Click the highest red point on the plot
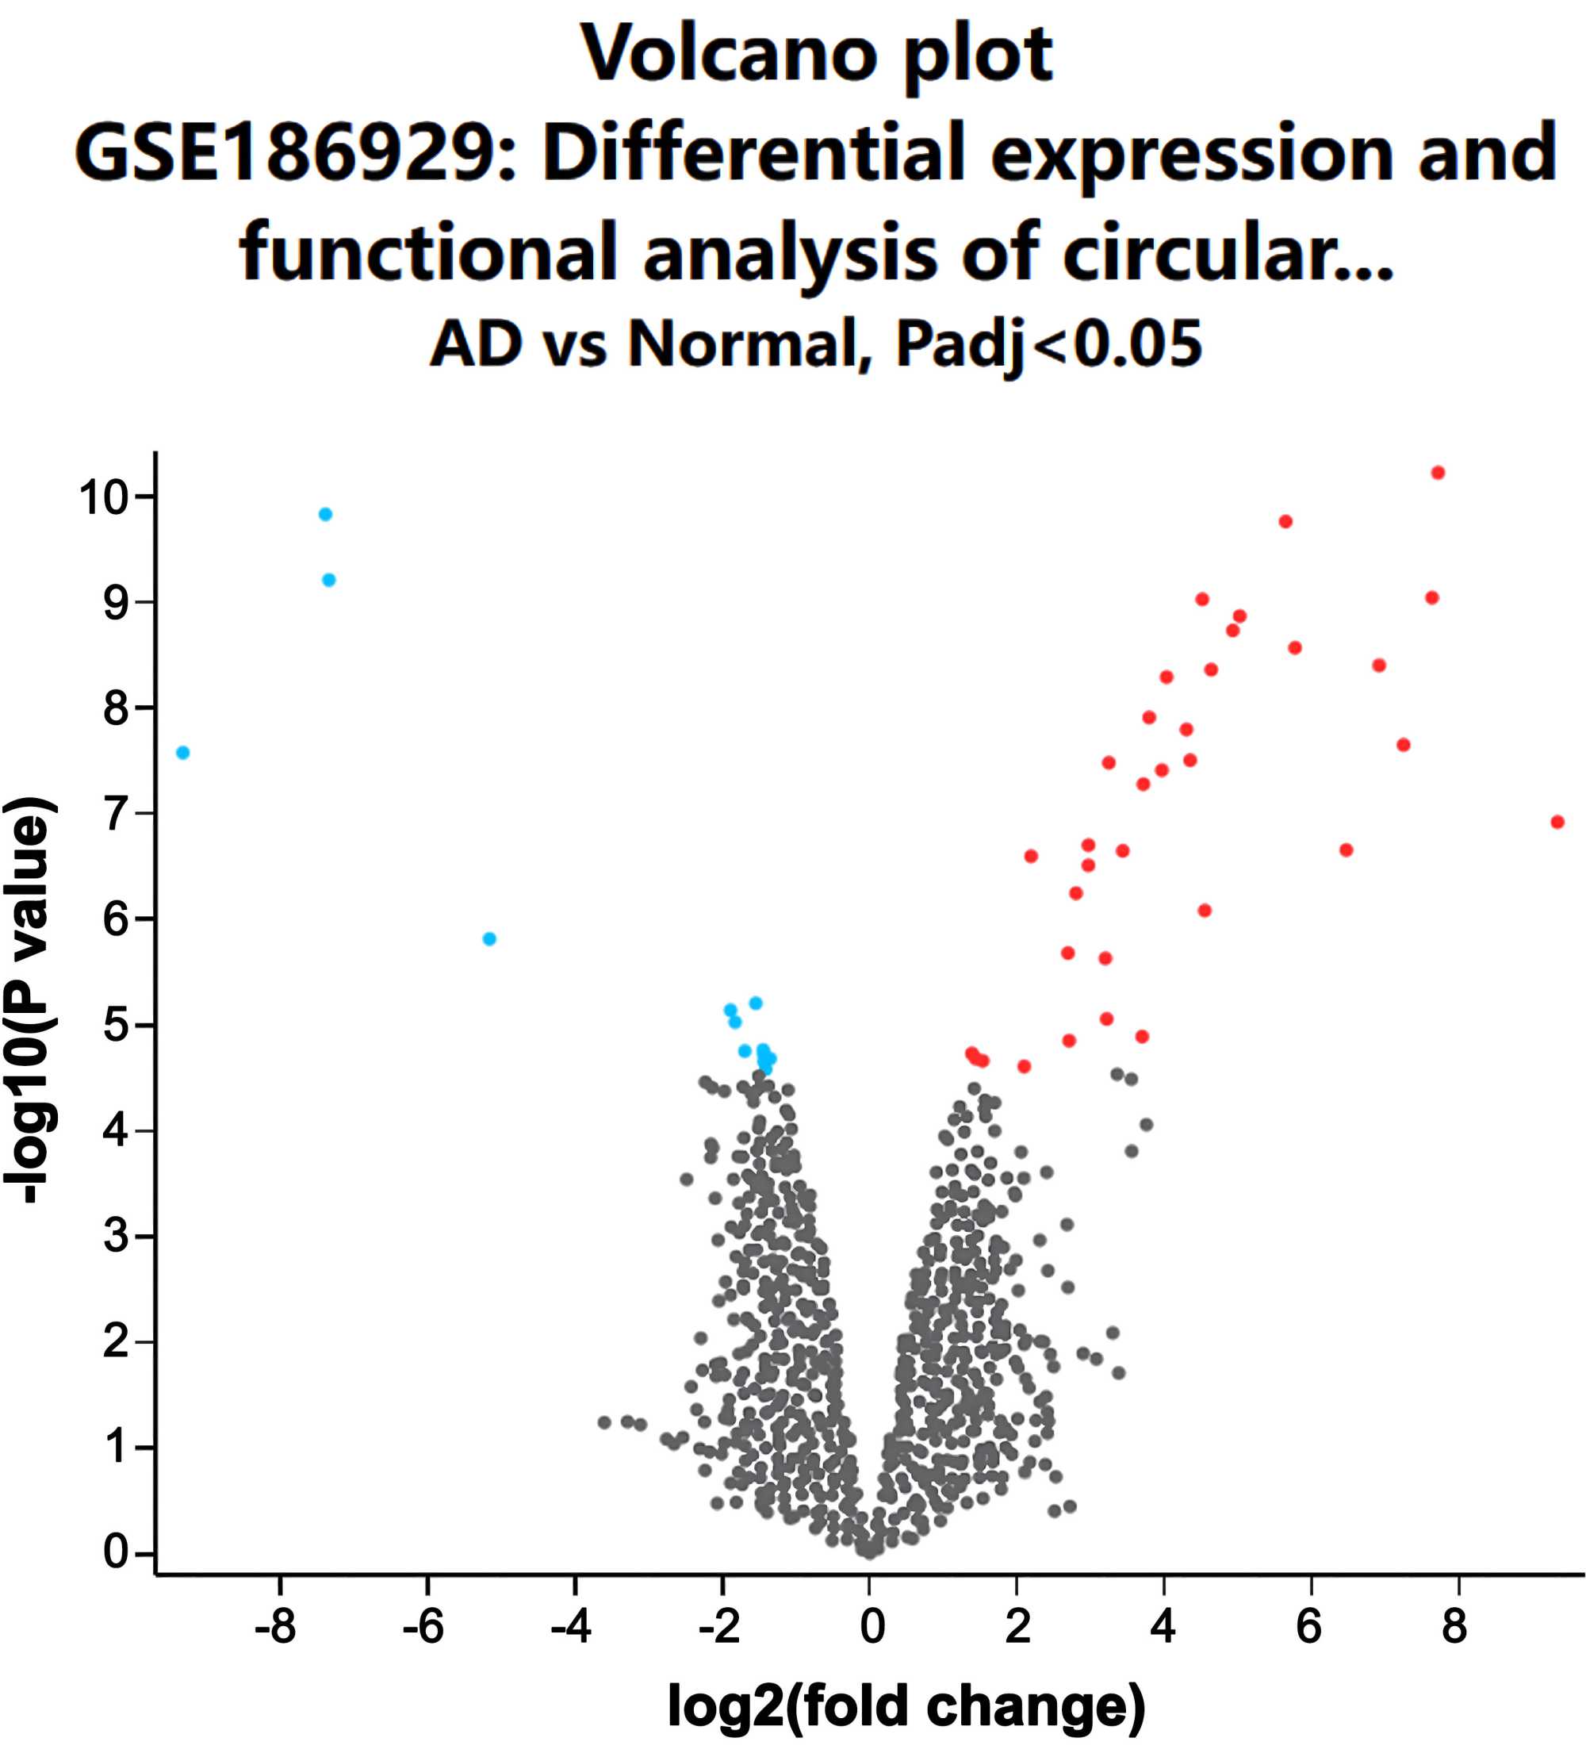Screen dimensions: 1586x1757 [x=1438, y=473]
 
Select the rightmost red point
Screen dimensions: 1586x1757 [x=1557, y=822]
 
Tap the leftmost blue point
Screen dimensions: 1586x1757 [x=182, y=752]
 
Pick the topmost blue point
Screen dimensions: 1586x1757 [x=325, y=514]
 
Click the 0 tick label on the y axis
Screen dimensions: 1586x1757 [x=116, y=1552]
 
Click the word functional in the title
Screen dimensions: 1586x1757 [x=430, y=250]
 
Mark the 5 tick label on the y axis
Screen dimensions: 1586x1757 [x=116, y=1024]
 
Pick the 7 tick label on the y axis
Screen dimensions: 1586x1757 [x=116, y=813]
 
